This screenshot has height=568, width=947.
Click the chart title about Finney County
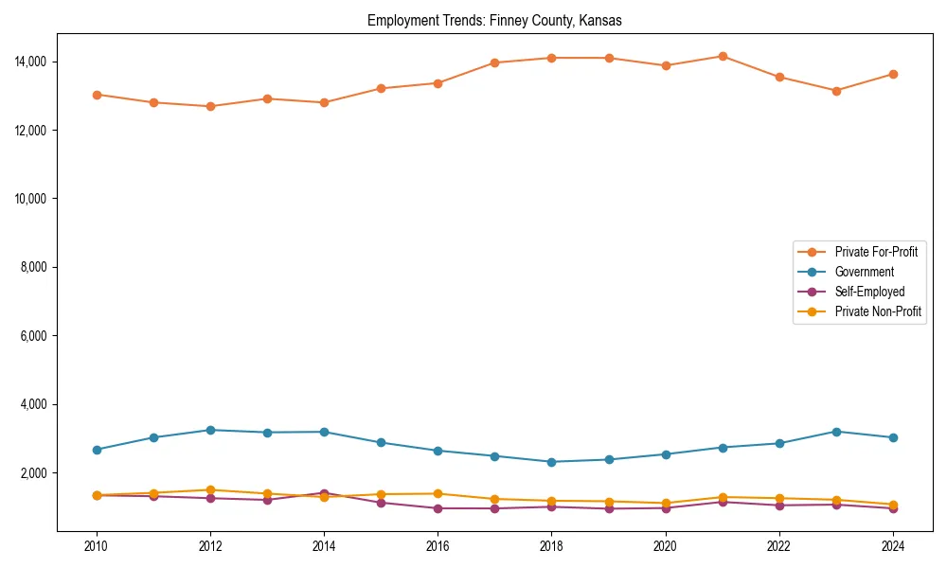click(x=494, y=20)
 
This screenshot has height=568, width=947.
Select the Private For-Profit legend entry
click(x=869, y=252)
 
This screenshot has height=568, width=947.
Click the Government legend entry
click(x=864, y=272)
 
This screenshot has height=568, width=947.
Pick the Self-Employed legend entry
click(x=869, y=292)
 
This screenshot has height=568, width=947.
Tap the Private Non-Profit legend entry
click(x=878, y=311)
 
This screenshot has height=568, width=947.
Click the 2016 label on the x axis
click(x=438, y=545)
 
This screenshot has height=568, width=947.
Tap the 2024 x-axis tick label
click(x=893, y=545)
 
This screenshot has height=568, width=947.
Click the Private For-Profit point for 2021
click(x=723, y=56)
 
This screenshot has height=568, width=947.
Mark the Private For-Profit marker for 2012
click(x=210, y=106)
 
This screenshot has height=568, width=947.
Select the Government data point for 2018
click(x=552, y=462)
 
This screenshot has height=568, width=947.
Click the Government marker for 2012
click(x=210, y=430)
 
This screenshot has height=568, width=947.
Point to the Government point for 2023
click(x=836, y=432)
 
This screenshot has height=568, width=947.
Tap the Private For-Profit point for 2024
click(x=893, y=74)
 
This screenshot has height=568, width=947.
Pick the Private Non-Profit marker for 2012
click(x=210, y=489)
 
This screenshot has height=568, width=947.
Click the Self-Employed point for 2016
click(x=438, y=508)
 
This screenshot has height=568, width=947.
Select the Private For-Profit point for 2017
click(x=495, y=62)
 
